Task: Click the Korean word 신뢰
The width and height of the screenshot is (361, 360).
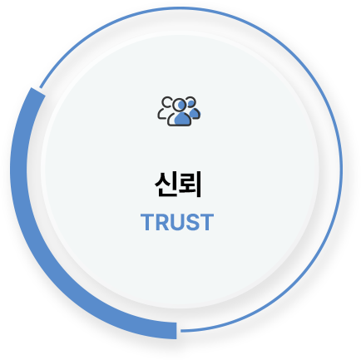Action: pos(178,185)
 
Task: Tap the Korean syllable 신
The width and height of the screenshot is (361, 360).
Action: pos(166,185)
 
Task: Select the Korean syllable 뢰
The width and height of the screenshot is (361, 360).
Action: pos(190,185)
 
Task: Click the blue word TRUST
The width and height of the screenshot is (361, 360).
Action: pos(177,222)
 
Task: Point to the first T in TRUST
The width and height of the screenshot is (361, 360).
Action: pos(147,222)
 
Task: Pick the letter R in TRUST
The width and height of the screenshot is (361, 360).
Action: pos(162,222)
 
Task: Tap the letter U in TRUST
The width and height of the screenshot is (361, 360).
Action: pos(177,222)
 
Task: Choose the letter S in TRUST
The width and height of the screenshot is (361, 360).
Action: pos(192,222)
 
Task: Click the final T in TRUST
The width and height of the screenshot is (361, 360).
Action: pos(207,222)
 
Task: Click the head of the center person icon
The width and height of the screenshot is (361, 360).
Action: pos(180,105)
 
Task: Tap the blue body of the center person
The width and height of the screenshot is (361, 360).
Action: pos(182,118)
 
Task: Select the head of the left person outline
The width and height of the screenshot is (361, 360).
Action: pos(167,102)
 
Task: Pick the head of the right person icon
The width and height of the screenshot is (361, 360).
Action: pos(190,102)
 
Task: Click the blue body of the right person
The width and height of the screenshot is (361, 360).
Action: pos(194,113)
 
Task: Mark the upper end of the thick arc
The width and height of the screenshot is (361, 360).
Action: pos(38,91)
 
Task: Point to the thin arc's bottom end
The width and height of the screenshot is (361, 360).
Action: pos(181,331)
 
